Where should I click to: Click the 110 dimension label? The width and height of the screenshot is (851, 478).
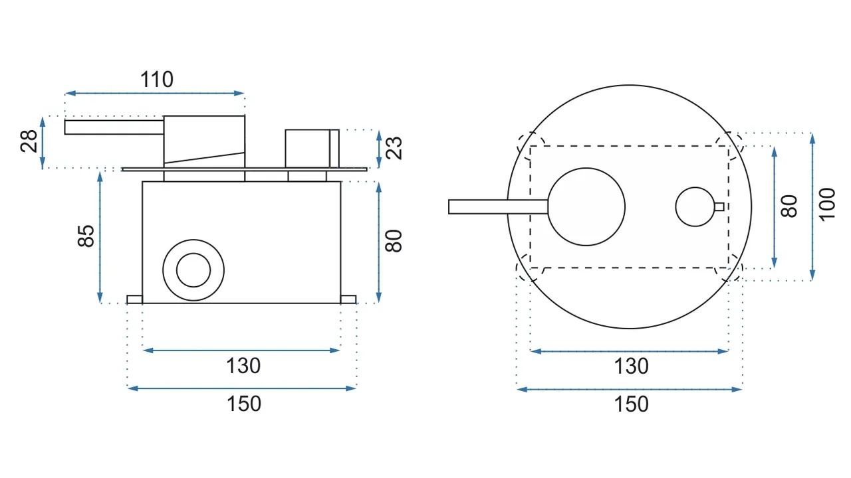(x=156, y=79)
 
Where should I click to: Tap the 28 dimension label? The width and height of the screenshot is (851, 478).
(x=29, y=141)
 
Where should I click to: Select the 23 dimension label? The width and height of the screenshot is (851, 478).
(x=394, y=148)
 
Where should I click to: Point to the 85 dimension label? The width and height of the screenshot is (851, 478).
(x=86, y=236)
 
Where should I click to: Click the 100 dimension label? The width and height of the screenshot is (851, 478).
(x=827, y=204)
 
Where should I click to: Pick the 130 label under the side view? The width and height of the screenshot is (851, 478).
(x=243, y=366)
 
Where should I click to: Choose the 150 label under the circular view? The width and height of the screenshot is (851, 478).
(x=631, y=404)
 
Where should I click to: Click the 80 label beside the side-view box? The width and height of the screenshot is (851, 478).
(x=394, y=241)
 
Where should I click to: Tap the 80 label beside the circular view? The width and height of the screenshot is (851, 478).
(x=789, y=206)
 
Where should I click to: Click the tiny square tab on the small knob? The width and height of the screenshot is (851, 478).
(x=719, y=206)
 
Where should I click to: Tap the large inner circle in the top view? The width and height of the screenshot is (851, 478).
(x=586, y=168)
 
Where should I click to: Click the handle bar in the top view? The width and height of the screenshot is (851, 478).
(x=498, y=206)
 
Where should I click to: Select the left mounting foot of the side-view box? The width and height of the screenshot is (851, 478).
(x=134, y=299)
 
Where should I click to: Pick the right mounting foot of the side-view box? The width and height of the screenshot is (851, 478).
(x=348, y=299)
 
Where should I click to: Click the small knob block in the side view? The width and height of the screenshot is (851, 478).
(x=312, y=148)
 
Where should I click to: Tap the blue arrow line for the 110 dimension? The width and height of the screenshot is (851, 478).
(x=155, y=93)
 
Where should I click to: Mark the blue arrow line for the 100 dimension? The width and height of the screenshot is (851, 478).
(x=812, y=206)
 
